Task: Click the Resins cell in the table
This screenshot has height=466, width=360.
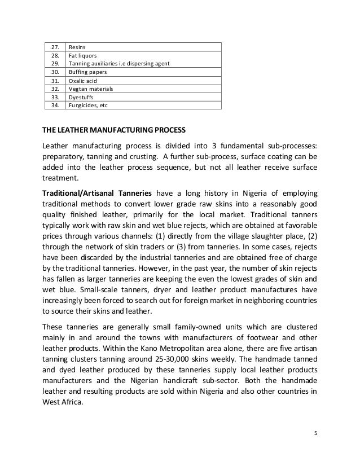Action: tap(77, 47)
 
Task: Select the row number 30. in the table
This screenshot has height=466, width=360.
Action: tap(55, 72)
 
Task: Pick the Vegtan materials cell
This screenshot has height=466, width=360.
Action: tap(90, 89)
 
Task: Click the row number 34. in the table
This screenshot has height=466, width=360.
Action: tap(55, 104)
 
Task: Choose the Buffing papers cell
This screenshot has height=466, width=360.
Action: tap(86, 72)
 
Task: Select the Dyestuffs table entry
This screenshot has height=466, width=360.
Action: tap(82, 96)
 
